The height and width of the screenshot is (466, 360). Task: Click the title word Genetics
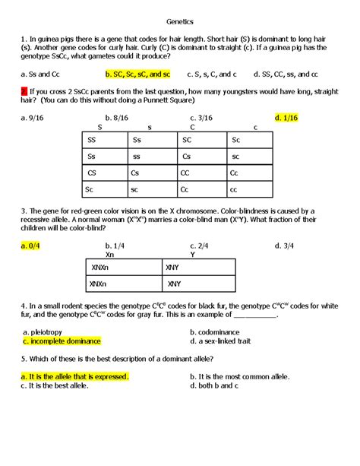point(179,22)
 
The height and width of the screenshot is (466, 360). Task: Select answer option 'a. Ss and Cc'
point(41,74)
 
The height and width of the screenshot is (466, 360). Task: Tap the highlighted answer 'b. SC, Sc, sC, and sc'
point(137,74)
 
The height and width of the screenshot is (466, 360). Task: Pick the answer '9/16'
point(34,118)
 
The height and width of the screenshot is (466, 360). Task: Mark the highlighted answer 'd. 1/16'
point(286,118)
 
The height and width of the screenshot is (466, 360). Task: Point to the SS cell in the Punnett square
point(92,140)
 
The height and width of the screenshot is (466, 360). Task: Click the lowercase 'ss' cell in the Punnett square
point(136,157)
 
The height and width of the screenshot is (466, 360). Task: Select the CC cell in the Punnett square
point(185,173)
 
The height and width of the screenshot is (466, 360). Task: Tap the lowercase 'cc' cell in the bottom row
point(234,189)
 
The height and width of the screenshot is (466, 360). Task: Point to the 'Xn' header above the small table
point(109,255)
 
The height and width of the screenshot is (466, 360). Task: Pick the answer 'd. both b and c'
point(213,385)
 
